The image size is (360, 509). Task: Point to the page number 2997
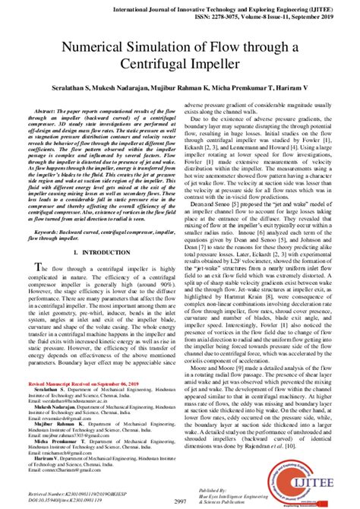pos(180,501)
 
